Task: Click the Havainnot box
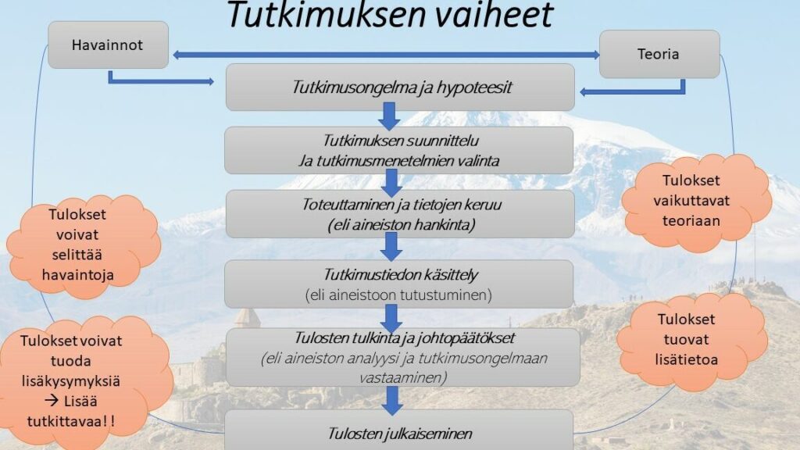point(108,45)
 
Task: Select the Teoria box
point(659,54)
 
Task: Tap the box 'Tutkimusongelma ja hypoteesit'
point(400,87)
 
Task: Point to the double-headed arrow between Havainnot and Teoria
point(386,55)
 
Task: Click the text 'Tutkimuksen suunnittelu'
point(401,141)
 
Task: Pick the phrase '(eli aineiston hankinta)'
point(402,224)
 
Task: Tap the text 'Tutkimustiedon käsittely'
point(401,274)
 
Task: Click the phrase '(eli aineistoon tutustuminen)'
point(398,295)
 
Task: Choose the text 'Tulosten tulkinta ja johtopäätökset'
point(405,337)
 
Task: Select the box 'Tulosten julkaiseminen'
point(399,430)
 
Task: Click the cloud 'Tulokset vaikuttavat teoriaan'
point(696,201)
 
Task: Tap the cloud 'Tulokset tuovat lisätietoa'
point(691,340)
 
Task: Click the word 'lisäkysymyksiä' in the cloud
point(71,381)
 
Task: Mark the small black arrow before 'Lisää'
point(52,401)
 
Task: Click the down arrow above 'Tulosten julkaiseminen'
point(392,400)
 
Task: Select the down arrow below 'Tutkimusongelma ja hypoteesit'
point(389,116)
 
